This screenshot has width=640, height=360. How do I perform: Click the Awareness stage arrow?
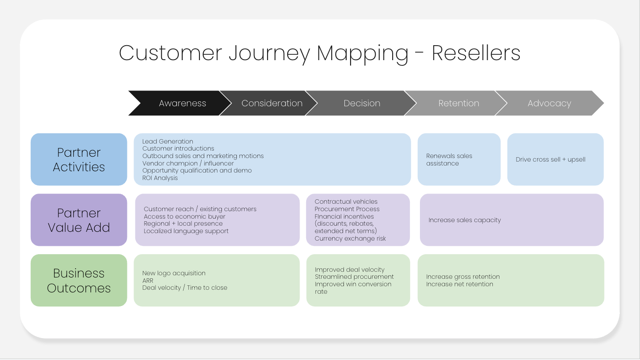click(x=182, y=103)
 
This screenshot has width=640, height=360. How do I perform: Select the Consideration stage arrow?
click(x=272, y=103)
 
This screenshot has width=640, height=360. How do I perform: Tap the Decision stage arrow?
click(x=362, y=103)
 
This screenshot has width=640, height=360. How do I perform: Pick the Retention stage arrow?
click(x=459, y=103)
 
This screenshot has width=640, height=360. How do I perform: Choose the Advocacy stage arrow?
click(x=549, y=103)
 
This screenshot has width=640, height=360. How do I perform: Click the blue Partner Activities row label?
click(x=79, y=159)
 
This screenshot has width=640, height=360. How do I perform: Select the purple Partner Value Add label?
click(x=79, y=220)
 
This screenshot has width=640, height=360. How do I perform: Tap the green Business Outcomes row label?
click(x=79, y=280)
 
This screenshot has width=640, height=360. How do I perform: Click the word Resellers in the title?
click(x=476, y=53)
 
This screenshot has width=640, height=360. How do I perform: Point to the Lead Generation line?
click(x=167, y=141)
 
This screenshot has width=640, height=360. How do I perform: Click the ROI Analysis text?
click(x=160, y=178)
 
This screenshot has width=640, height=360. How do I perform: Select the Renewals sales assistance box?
click(x=459, y=159)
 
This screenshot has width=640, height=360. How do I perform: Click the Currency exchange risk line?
click(x=350, y=238)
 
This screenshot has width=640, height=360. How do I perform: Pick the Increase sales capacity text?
click(x=464, y=220)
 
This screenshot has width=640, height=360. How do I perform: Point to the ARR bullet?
click(x=148, y=281)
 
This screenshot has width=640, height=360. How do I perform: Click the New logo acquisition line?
click(x=174, y=273)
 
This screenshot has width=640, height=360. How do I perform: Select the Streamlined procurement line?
click(x=354, y=277)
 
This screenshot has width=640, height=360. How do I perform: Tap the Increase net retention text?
click(x=459, y=284)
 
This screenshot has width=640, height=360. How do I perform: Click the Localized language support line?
click(x=186, y=231)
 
